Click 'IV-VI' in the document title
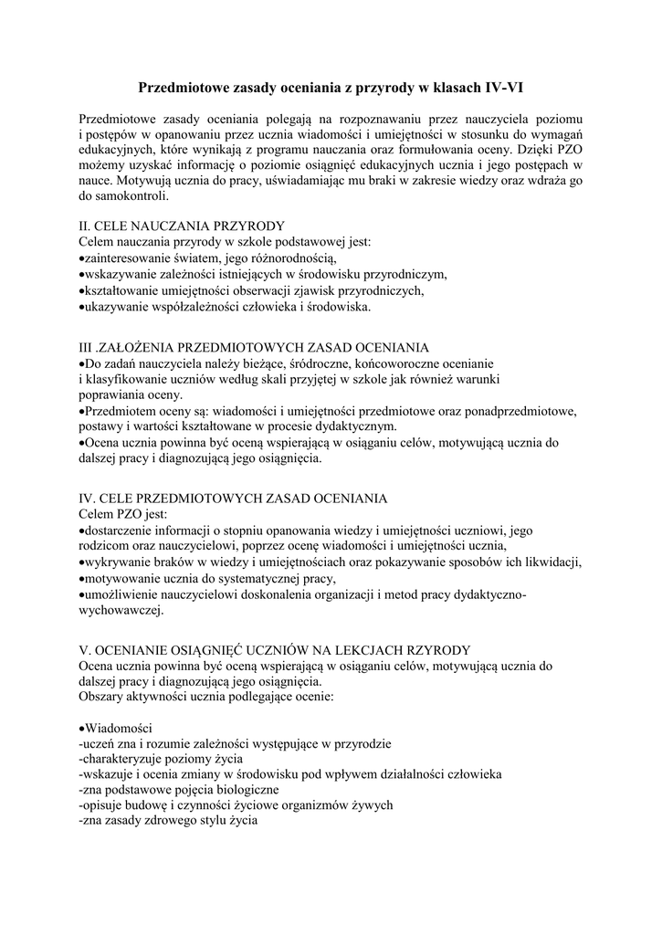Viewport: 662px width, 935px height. [500, 88]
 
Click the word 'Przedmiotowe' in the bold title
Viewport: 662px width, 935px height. [180, 88]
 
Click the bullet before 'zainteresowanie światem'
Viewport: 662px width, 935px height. [83, 258]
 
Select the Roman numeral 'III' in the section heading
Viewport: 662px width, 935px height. [89, 348]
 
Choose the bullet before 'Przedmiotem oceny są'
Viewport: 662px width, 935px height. [83, 412]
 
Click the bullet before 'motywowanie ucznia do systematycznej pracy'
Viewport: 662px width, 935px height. [83, 579]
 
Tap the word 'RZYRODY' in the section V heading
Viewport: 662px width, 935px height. [434, 650]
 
